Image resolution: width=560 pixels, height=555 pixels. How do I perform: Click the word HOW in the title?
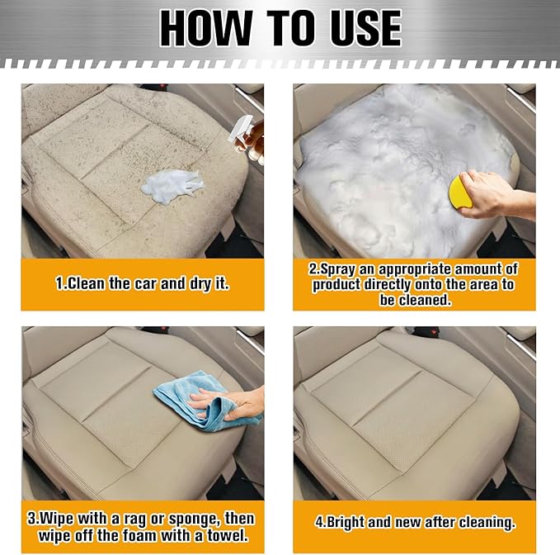click(x=206, y=28)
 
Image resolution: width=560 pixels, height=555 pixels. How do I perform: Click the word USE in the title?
click(x=366, y=28)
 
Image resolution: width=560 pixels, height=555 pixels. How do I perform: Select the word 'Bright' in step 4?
click(x=345, y=522)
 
